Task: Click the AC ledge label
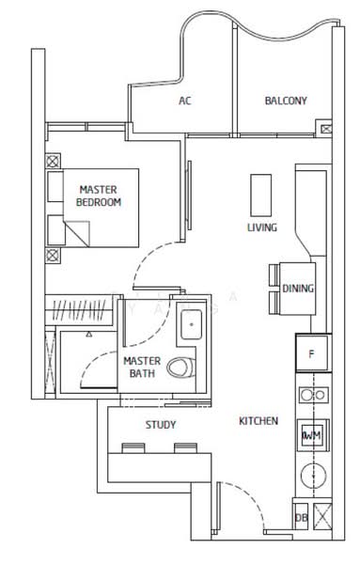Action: point(184,102)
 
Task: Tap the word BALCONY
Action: point(285,102)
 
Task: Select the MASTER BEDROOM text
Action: point(99,196)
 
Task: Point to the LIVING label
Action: point(261,227)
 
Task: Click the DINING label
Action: point(298,289)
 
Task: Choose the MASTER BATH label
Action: point(142,368)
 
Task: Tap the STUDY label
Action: point(161,425)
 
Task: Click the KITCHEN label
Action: point(258,421)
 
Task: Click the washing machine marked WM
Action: point(311,434)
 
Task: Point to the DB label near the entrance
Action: point(301,518)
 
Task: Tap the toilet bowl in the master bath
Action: point(181,368)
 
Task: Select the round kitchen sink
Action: point(312,475)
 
